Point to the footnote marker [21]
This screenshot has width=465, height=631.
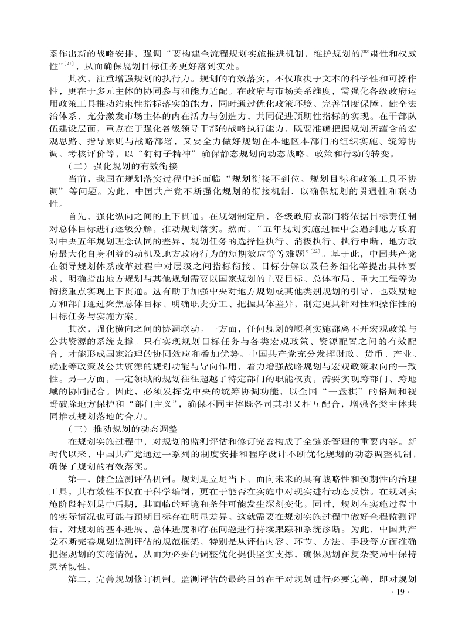(x=69, y=63)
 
